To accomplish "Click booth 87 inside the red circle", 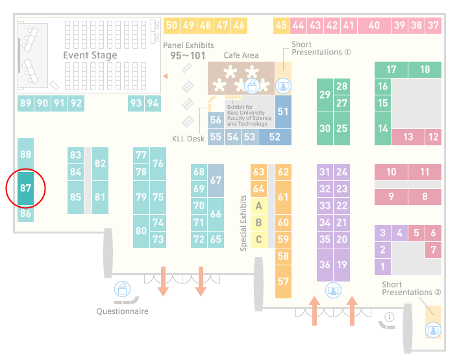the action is (x=25, y=188).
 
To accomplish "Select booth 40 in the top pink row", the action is (x=374, y=25).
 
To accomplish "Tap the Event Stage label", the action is (x=90, y=55).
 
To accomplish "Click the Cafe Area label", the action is (x=241, y=55).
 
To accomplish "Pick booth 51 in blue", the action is (x=283, y=112).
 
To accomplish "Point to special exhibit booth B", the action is (x=258, y=222).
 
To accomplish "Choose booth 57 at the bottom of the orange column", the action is (x=283, y=282).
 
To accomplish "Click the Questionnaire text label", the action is (x=122, y=311).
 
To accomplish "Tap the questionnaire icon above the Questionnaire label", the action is (x=122, y=289).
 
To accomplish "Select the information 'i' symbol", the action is (x=390, y=317).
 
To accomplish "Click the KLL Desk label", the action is (x=188, y=139).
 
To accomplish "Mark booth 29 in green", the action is (x=325, y=95).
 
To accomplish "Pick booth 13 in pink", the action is (x=408, y=137).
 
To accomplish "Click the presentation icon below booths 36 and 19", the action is (x=333, y=291).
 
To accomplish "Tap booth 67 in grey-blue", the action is (x=216, y=180).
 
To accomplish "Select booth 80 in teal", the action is (x=141, y=231).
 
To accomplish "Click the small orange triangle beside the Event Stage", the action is (x=166, y=77).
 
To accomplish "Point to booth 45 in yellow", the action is (x=281, y=25).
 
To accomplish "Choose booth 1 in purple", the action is (x=382, y=267).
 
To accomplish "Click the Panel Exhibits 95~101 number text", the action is (x=188, y=56).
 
